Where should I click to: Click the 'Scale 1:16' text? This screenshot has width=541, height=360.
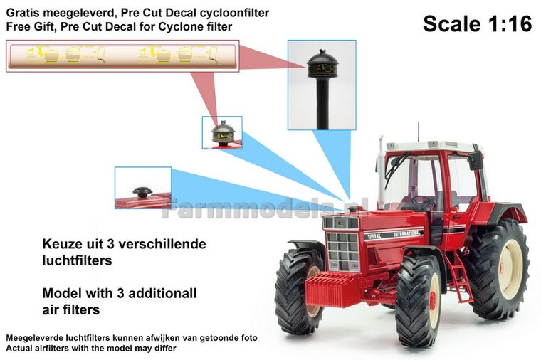click(477, 23)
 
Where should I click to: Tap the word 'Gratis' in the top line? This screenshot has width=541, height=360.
click(21, 13)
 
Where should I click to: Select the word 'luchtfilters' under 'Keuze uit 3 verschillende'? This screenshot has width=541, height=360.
click(77, 260)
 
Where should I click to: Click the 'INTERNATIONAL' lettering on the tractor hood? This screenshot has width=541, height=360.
click(408, 234)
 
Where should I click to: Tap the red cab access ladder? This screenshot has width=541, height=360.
click(458, 277)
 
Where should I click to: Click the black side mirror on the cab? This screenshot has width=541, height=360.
click(476, 159)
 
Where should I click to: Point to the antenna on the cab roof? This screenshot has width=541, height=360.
click(419, 132)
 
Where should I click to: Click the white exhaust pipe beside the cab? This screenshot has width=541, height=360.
click(381, 172)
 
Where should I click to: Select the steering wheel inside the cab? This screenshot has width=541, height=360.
click(424, 201)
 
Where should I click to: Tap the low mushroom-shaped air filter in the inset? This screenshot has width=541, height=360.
click(142, 191)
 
